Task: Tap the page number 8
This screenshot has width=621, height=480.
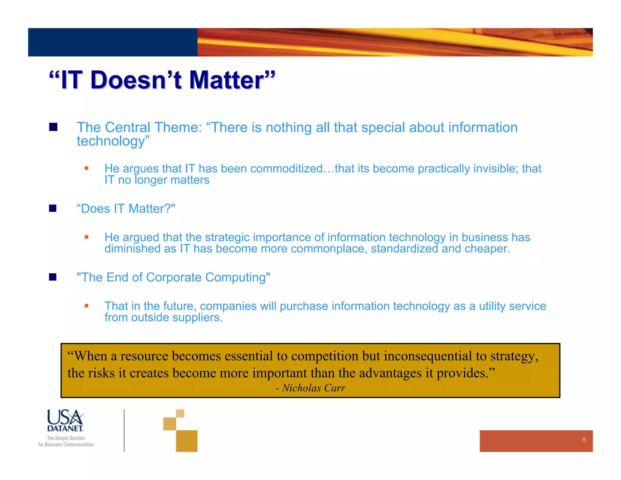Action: (584, 440)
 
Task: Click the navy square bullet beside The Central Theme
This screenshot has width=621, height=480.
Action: (53, 127)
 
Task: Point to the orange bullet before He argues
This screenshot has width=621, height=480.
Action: (86, 168)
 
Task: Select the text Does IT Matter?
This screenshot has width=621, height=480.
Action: (126, 209)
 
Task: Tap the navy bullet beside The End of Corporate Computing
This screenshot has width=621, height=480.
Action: (53, 277)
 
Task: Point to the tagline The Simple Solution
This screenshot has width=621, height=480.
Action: (66, 438)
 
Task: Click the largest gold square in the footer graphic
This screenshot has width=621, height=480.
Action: (186, 441)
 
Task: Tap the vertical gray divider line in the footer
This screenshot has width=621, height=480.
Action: (124, 430)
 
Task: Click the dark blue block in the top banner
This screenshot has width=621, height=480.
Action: (112, 42)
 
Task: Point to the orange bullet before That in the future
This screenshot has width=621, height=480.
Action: (86, 306)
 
